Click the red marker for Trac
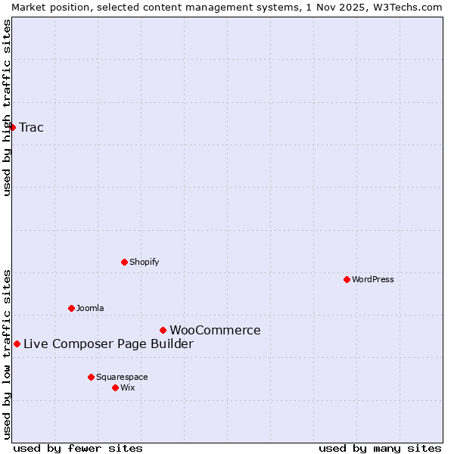pos(12,127)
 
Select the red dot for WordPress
pos(347,279)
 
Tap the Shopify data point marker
pos(124,262)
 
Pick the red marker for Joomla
pos(71,308)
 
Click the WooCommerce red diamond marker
pos(163,330)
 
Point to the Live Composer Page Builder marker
pos(17,344)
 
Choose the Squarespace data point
pos(91,377)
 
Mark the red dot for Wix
pos(115,387)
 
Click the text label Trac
pos(31,127)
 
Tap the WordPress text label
pos(373,279)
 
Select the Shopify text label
pos(144,262)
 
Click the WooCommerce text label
pos(215,330)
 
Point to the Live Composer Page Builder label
pos(108,344)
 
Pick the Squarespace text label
pos(122,377)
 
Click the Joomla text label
pos(90,308)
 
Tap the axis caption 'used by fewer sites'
pos(78,448)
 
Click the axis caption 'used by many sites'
pos(379,448)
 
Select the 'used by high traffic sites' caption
pos(7,107)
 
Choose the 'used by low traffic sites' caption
pos(7,354)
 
